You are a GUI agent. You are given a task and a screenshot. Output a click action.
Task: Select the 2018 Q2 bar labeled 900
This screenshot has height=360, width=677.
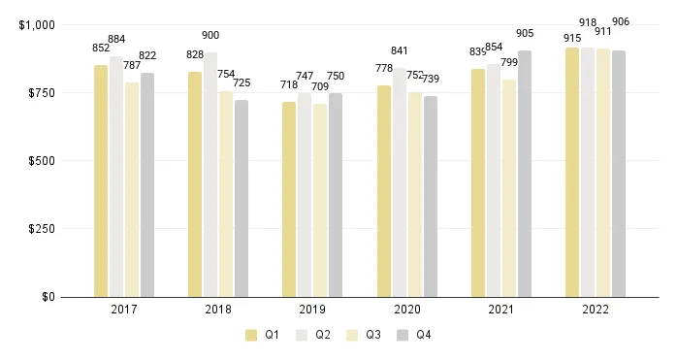(210, 175)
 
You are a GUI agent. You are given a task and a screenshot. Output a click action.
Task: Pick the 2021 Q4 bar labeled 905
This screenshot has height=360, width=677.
(525, 174)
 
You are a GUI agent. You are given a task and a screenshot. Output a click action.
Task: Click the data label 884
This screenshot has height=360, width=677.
(116, 39)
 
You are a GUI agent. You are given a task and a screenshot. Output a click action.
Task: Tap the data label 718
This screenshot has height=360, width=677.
(289, 84)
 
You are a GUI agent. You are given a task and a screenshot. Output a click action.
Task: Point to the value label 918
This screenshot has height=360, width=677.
(588, 21)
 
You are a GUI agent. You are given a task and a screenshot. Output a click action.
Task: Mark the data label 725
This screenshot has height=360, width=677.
(242, 82)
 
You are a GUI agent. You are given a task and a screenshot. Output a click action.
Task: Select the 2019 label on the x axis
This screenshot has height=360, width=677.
(312, 310)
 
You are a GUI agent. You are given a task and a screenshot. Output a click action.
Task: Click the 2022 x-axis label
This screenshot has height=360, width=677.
(596, 310)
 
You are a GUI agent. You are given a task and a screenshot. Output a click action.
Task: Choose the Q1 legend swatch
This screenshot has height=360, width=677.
(251, 335)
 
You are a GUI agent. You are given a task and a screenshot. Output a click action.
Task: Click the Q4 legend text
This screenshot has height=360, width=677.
(424, 335)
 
